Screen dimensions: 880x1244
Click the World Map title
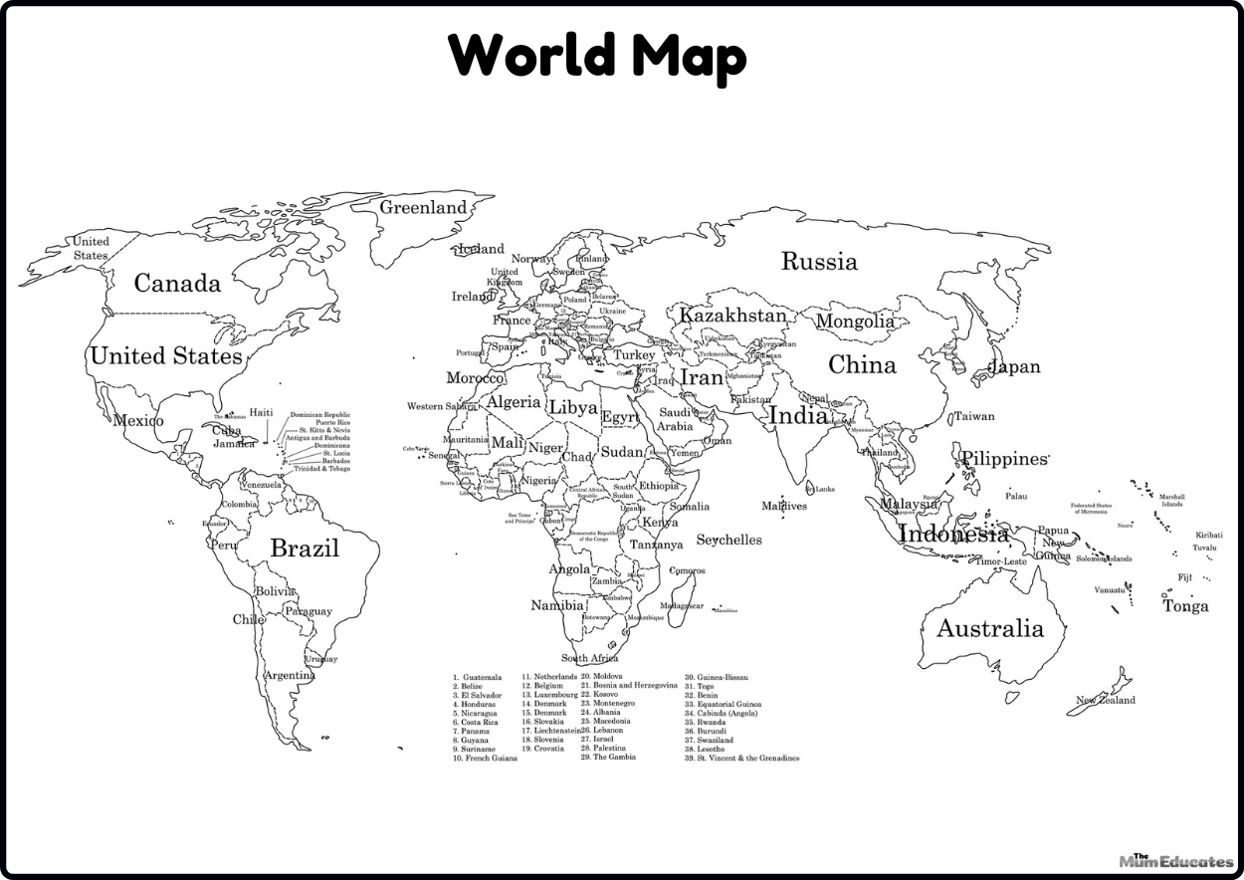(x=597, y=56)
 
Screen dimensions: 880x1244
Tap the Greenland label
(x=423, y=207)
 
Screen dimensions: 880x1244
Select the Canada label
(x=177, y=284)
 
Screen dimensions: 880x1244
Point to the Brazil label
(x=305, y=549)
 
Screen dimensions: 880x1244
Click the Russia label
(x=818, y=262)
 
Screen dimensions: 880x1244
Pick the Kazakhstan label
(x=732, y=316)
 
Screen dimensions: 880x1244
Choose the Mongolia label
(x=855, y=322)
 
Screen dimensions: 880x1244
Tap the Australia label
(x=989, y=629)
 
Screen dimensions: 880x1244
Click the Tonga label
(x=1186, y=606)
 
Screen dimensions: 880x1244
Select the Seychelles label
(x=728, y=540)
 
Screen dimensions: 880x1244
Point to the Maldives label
(x=784, y=506)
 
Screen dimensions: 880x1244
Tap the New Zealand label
(x=1105, y=700)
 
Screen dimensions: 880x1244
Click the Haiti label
(x=261, y=412)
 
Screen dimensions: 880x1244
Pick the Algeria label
(x=514, y=403)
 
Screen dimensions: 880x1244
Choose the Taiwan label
(x=974, y=417)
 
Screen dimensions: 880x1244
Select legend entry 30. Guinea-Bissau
(x=716, y=677)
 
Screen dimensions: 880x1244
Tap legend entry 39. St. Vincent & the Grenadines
(x=741, y=758)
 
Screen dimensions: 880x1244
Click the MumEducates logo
(x=1175, y=860)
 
